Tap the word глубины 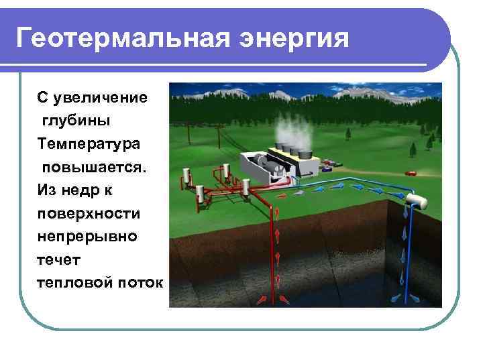(76, 121)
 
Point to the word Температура (89, 143)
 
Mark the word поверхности (89, 213)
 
